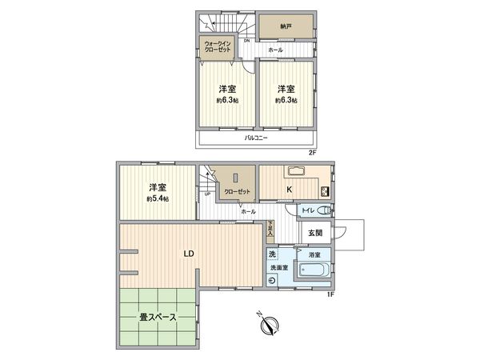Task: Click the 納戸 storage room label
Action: tap(286, 26)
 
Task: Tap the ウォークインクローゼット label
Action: tap(218, 46)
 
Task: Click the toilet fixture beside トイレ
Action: tap(322, 210)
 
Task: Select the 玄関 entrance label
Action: tap(314, 233)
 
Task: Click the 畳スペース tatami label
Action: tap(156, 318)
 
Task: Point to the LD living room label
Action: tap(189, 255)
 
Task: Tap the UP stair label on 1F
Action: tap(208, 194)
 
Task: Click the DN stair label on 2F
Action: tap(246, 40)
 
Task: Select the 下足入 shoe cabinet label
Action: tap(271, 228)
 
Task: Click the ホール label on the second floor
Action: tap(275, 50)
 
